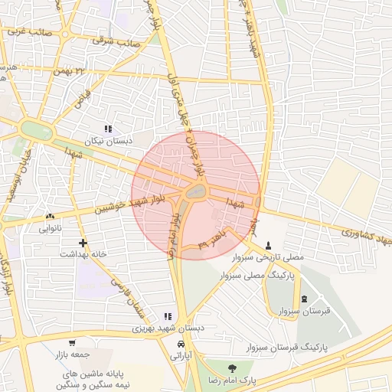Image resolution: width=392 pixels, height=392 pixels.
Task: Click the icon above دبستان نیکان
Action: (x=108, y=129)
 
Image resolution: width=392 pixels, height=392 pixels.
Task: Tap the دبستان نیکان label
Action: (x=108, y=142)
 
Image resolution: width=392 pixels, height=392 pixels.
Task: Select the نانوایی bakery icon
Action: (x=51, y=217)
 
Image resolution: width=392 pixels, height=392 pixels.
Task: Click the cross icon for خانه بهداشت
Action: (x=71, y=243)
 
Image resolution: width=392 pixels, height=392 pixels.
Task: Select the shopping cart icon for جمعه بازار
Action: (x=71, y=343)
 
